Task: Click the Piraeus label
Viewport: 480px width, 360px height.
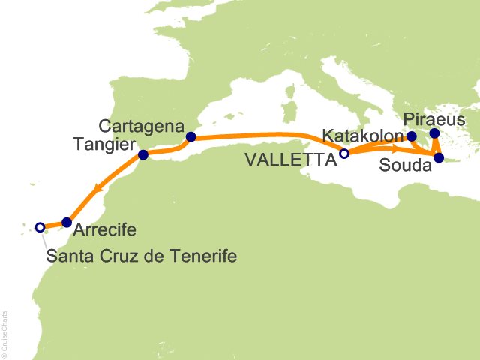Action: [x=434, y=120]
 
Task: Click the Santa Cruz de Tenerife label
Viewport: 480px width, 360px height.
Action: [x=142, y=256]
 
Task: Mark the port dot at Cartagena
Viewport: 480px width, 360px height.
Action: [x=191, y=137]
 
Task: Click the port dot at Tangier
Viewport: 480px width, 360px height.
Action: [x=143, y=156]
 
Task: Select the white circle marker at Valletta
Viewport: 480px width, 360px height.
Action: [x=344, y=154]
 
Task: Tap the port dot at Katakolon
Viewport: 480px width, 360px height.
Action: [x=411, y=136]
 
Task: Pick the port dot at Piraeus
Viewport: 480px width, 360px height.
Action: [x=434, y=134]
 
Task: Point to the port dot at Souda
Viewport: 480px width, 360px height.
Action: [x=439, y=157]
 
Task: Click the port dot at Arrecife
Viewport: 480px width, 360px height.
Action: [x=67, y=222]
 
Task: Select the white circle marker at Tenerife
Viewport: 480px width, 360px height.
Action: [x=40, y=226]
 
